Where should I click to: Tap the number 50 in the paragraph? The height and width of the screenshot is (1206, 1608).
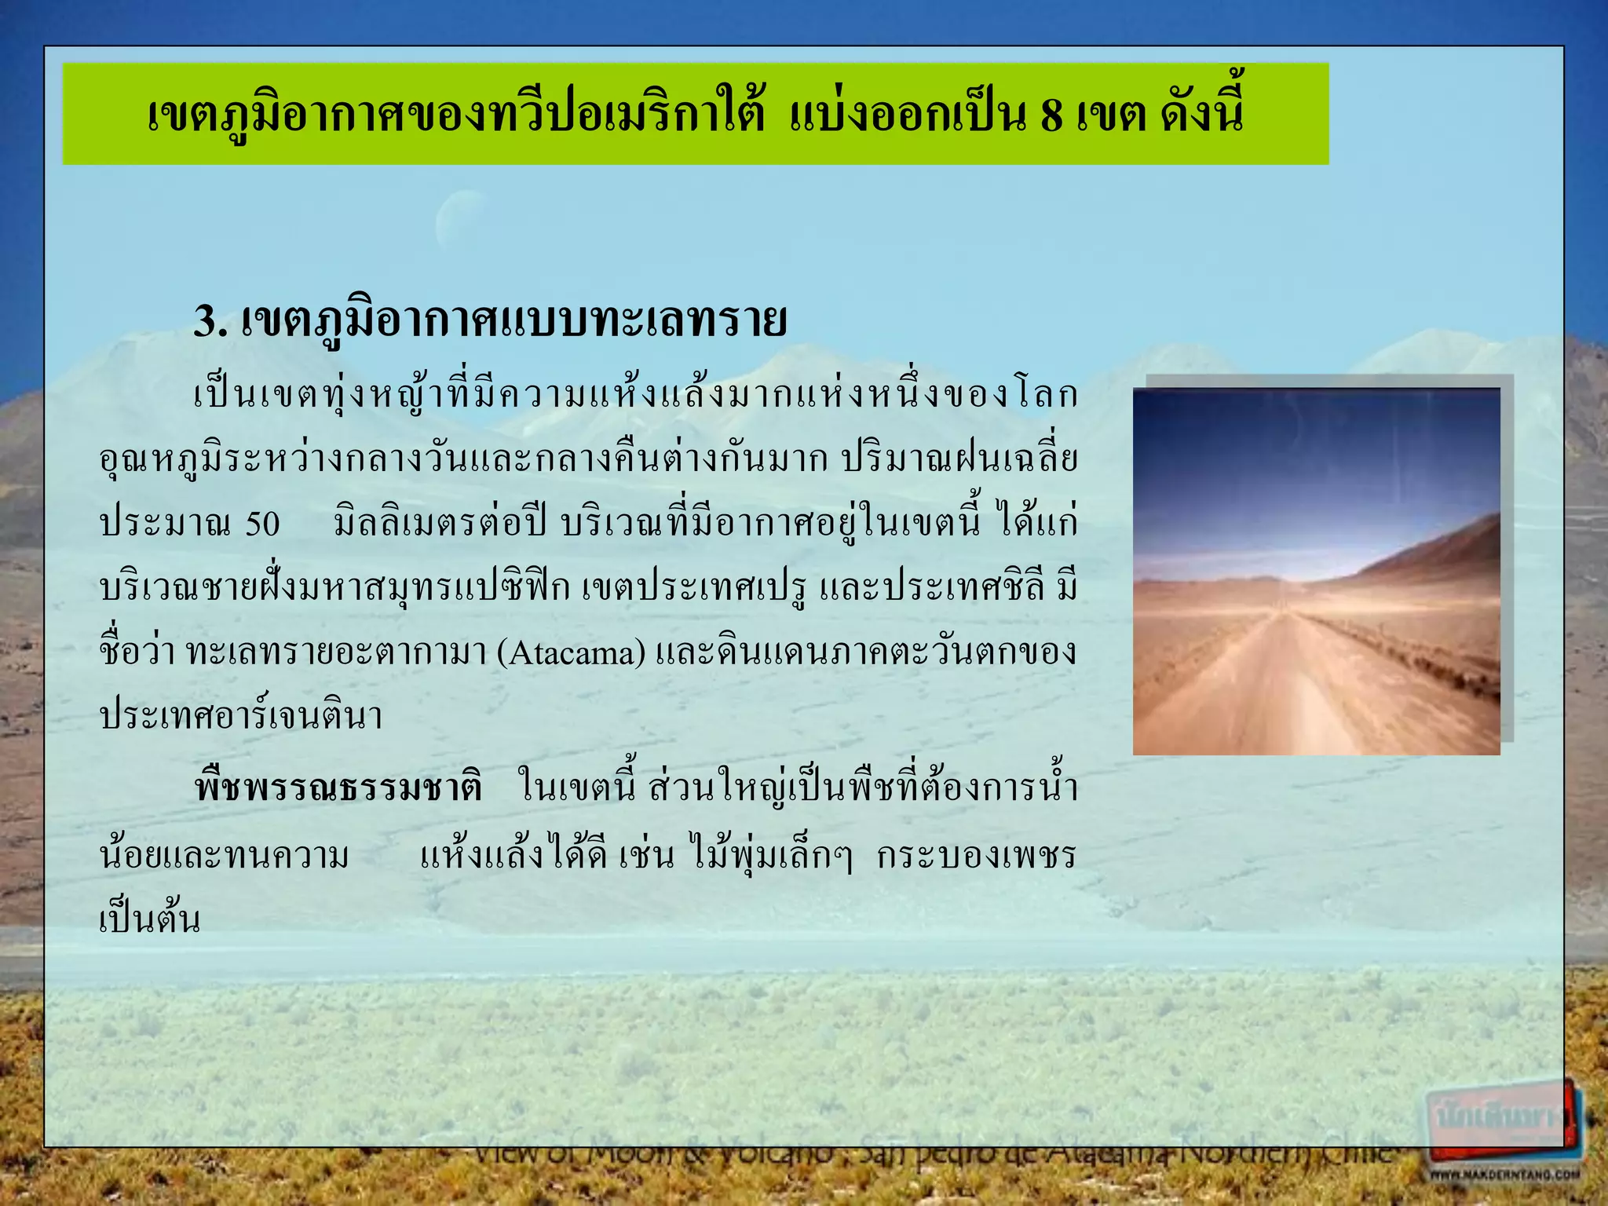(262, 524)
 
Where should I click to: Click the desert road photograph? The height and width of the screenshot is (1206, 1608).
(1316, 572)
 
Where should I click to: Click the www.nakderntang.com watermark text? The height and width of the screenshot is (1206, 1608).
(1503, 1175)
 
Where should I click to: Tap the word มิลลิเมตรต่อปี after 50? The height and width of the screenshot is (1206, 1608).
(440, 524)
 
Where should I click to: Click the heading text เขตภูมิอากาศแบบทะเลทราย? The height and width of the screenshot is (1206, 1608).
(514, 322)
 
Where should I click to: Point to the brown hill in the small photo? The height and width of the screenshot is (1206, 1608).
(1445, 550)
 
